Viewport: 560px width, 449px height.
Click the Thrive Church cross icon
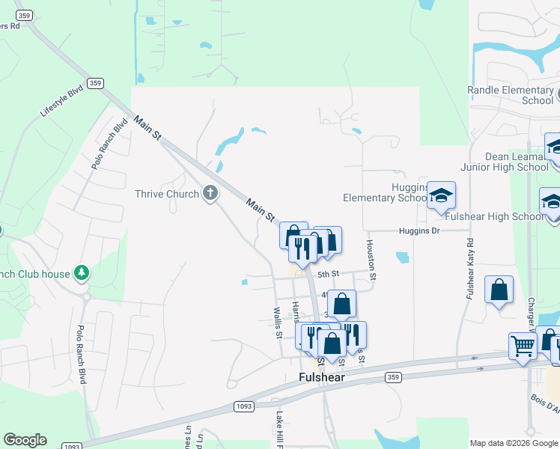210,194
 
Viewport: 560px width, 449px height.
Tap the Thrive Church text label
167,195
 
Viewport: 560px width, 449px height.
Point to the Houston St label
371,260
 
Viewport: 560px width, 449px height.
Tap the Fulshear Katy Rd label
470,269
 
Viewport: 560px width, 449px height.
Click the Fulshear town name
322,378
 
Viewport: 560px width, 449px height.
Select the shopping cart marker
523,345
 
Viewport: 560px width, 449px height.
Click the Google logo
25,440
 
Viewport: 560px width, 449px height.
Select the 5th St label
329,275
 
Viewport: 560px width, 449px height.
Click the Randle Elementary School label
511,95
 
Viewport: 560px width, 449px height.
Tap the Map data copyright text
514,443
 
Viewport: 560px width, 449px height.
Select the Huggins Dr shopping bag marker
327,240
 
